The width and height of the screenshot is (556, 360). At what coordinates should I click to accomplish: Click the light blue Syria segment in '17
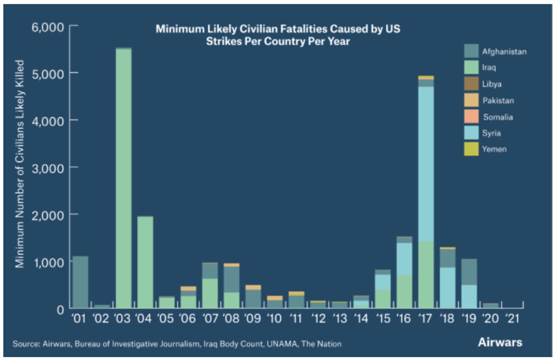pyautogui.click(x=426, y=164)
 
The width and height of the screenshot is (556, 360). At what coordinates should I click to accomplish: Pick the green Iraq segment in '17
pyautogui.click(x=426, y=274)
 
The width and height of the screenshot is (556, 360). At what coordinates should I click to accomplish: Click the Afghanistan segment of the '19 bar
pyautogui.click(x=469, y=272)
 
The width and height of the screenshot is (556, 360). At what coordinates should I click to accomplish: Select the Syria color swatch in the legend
pyautogui.click(x=471, y=133)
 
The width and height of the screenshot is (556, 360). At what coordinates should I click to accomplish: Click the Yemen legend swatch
pyautogui.click(x=471, y=150)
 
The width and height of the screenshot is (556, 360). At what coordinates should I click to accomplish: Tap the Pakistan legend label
pyautogui.click(x=499, y=100)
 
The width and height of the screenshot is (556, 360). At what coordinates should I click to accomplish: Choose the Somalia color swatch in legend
pyautogui.click(x=471, y=117)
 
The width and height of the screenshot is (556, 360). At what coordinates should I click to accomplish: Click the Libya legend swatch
pyautogui.click(x=471, y=84)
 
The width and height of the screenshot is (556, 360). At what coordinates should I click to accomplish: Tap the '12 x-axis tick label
pyautogui.click(x=318, y=320)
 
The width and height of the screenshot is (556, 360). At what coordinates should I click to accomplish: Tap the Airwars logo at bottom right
pyautogui.click(x=500, y=342)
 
